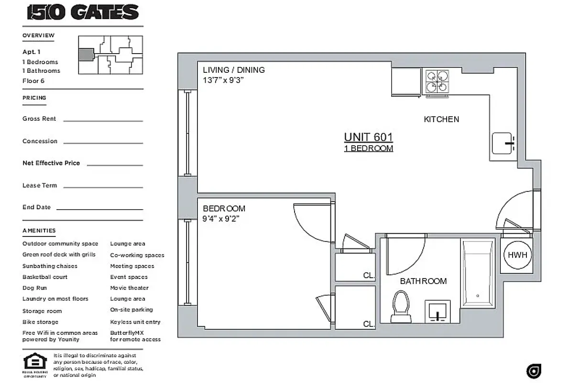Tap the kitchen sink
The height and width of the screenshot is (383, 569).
pos(503,143)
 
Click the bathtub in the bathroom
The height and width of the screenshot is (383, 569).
pos(477,273)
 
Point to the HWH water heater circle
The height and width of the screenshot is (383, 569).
pos(517,255)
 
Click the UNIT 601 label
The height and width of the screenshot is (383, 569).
pos(368,137)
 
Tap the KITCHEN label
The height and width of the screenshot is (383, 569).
pos(441,119)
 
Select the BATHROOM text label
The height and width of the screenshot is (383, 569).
pos(423,281)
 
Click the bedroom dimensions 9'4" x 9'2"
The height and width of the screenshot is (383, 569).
pos(221,219)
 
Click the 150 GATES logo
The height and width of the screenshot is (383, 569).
pos(83,12)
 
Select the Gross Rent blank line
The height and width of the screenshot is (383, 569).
pos(103,121)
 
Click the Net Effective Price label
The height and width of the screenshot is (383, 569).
pos(51,163)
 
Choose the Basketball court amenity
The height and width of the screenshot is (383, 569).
pos(45,277)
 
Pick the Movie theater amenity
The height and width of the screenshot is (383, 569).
pos(129,288)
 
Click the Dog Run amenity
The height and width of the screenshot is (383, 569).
pos(34,288)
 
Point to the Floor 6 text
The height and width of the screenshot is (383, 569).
pos(33,80)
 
